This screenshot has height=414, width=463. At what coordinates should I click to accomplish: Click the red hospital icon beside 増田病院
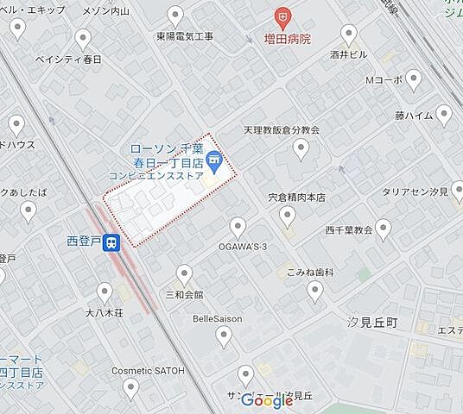[281, 16]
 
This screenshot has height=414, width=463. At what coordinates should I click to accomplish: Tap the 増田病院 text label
[288, 39]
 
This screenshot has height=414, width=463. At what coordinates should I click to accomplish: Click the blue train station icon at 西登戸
[111, 243]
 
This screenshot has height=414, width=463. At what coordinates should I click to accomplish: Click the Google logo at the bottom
[267, 400]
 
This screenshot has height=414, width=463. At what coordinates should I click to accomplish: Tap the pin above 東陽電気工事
[176, 16]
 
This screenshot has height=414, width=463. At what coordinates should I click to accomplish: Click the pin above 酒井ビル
[349, 34]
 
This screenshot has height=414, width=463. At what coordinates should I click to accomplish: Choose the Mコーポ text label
[385, 79]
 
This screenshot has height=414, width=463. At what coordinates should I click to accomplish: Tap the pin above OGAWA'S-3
[238, 228]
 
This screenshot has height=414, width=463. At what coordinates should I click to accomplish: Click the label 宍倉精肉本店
[296, 198]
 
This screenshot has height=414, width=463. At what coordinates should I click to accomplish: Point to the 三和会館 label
[184, 294]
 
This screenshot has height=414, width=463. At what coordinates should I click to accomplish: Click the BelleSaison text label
[218, 318]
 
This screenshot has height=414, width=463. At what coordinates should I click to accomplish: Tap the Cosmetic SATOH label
[146, 370]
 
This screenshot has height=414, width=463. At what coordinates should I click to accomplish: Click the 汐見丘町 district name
[371, 321]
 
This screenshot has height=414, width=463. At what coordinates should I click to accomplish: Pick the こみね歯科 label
[311, 272]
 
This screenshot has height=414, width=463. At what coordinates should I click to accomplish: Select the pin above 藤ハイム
[445, 113]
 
